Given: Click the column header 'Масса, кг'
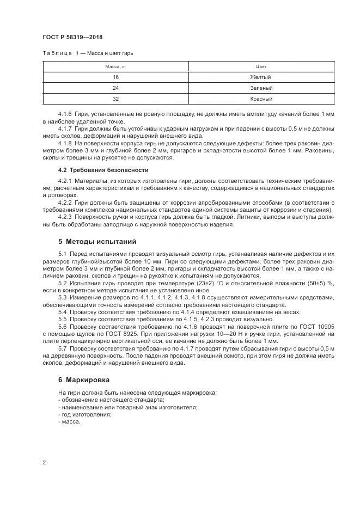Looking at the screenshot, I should [x=115, y=66].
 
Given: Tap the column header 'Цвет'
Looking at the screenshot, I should [x=261, y=66].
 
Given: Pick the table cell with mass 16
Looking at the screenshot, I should [x=115, y=77].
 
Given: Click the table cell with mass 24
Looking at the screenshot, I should [x=115, y=88].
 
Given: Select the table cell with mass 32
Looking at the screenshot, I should [x=115, y=99].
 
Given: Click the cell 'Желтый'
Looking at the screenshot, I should [x=261, y=77].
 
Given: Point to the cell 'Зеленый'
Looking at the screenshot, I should [x=261, y=88].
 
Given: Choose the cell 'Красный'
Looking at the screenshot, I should [x=261, y=99].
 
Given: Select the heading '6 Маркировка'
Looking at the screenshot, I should [x=83, y=379].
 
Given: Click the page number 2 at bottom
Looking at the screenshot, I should [x=44, y=462].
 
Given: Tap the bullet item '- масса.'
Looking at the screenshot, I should [x=69, y=421].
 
